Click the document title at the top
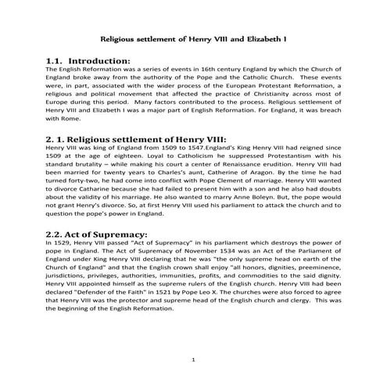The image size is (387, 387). tap(193, 38)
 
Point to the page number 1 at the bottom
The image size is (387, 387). tap(192, 359)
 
